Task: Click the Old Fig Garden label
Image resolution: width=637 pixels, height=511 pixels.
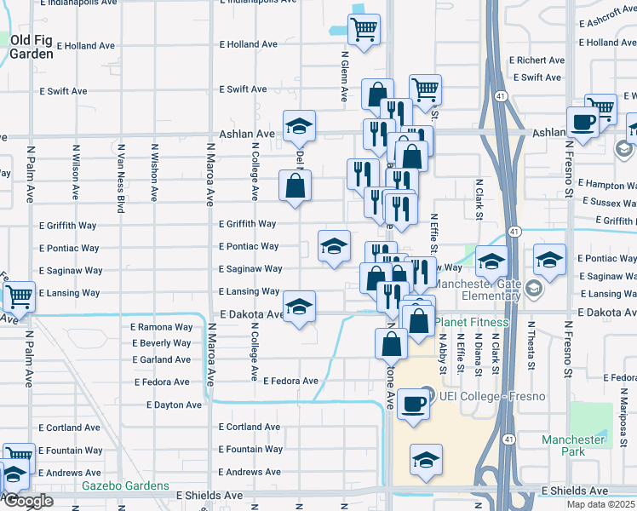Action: [32, 47]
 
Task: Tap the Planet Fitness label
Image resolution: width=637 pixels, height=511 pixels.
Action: [472, 323]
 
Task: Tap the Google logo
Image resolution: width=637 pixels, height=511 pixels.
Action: [27, 501]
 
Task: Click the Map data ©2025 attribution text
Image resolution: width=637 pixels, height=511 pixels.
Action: [600, 504]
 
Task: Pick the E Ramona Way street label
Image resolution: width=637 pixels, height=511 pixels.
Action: [162, 327]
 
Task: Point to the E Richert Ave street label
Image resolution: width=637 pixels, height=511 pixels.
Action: [537, 60]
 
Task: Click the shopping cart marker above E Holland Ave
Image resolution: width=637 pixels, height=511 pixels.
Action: [364, 30]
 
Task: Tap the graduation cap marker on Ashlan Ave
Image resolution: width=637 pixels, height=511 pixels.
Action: [299, 127]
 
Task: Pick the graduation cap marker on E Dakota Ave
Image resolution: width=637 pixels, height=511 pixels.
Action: [299, 307]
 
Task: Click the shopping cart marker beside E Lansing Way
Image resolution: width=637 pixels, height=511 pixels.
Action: [19, 296]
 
